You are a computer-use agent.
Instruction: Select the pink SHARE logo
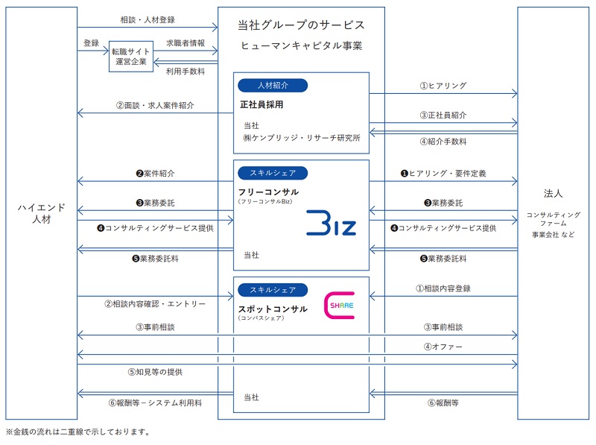(340, 306)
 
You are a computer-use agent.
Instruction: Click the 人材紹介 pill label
(273, 85)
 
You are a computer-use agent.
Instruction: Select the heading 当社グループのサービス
(301, 25)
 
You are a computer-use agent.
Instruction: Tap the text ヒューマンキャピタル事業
(301, 46)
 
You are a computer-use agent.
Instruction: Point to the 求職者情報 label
(186, 42)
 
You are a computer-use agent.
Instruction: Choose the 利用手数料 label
(186, 72)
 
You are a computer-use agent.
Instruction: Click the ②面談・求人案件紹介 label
(155, 105)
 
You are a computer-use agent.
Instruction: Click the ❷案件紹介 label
(155, 173)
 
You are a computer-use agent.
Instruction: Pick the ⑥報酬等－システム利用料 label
(155, 403)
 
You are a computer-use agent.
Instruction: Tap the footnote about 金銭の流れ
(78, 432)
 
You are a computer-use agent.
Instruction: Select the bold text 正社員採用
(263, 105)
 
